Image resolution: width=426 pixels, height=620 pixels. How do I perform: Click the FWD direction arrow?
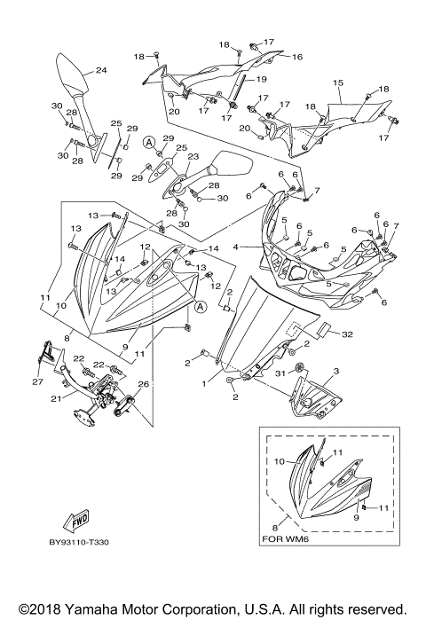point(76,521)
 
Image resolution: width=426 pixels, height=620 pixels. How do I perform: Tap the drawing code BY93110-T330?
point(79,542)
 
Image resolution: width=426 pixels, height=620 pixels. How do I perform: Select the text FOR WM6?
point(284,538)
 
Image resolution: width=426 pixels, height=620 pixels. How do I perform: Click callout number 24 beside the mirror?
point(101,70)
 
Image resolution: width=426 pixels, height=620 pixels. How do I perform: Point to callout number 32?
point(347,334)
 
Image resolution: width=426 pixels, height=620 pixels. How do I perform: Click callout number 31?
point(280,373)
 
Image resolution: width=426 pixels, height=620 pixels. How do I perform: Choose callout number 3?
point(336,372)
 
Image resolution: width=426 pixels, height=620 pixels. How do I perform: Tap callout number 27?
point(37,382)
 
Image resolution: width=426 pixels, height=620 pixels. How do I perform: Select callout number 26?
point(144,384)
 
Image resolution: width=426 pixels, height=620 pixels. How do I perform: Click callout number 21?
point(56,398)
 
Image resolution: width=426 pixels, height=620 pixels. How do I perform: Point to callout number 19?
point(262,79)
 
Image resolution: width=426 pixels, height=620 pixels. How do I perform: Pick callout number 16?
point(297,57)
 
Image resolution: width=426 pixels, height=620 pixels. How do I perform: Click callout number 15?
point(338,83)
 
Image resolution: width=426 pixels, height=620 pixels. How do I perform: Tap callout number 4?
point(236,247)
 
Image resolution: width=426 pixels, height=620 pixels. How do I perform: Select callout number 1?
point(204,383)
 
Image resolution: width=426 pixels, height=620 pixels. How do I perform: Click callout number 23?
point(193,157)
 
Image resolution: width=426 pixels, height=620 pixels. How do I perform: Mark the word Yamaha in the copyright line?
point(106,609)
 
